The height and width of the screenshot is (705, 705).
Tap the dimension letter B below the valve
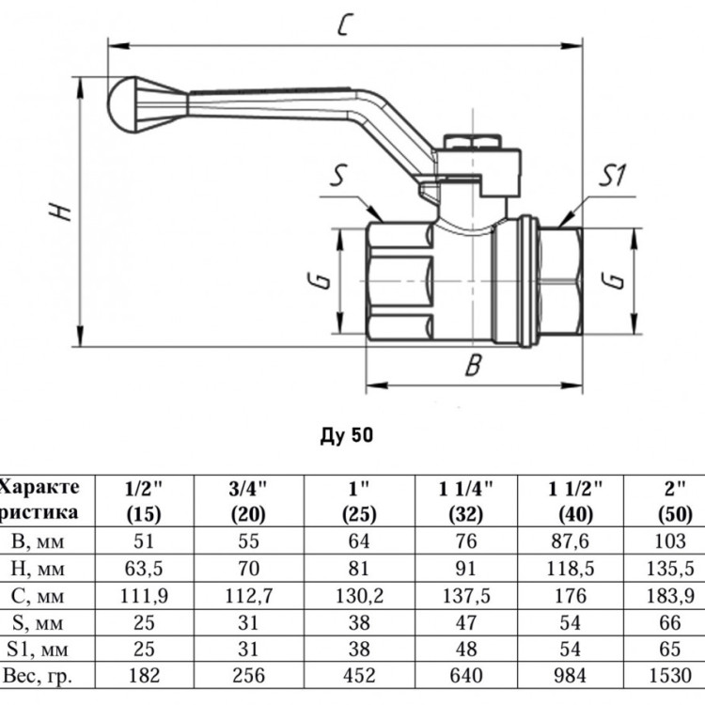[x=474, y=365]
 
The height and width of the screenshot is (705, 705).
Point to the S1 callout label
[x=612, y=176]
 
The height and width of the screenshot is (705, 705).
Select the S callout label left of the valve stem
[x=339, y=176]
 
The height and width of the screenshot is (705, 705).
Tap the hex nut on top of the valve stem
[x=472, y=142]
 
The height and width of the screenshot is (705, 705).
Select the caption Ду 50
[x=347, y=435]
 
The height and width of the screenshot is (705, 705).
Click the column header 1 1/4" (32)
[x=466, y=501]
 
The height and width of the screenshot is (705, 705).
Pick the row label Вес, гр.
[x=38, y=675]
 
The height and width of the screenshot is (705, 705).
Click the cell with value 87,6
[x=571, y=540]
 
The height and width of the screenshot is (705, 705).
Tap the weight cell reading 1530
[x=670, y=675]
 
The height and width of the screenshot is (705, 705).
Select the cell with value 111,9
[x=144, y=596]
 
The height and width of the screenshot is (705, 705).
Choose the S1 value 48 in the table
[x=466, y=649]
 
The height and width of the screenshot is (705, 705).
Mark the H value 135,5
[x=670, y=569]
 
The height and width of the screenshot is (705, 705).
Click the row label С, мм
[x=38, y=596]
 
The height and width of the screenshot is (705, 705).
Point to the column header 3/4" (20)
[x=248, y=501]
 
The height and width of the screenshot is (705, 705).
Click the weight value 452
[x=358, y=675]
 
